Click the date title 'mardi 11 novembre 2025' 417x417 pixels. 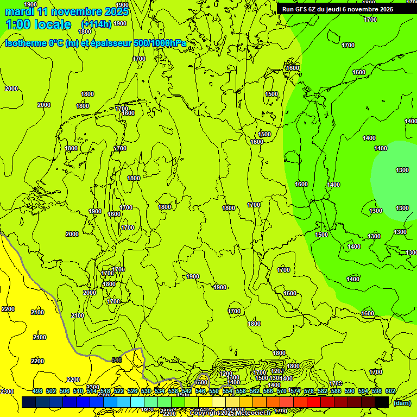(67, 11)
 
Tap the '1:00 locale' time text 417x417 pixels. (38, 24)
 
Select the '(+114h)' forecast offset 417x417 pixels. (96, 24)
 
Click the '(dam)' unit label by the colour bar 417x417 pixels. (402, 402)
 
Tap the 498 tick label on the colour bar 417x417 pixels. (37, 391)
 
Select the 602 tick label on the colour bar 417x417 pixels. (390, 391)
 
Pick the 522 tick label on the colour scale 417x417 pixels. (119, 391)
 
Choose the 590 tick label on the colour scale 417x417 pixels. (350, 391)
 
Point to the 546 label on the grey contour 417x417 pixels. (117, 359)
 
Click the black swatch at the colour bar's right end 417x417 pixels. (382, 402)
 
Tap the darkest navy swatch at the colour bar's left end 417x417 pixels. (28, 402)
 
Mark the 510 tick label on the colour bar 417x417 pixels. (78, 391)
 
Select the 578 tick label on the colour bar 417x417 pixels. (309, 391)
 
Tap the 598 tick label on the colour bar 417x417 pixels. (377, 391)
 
